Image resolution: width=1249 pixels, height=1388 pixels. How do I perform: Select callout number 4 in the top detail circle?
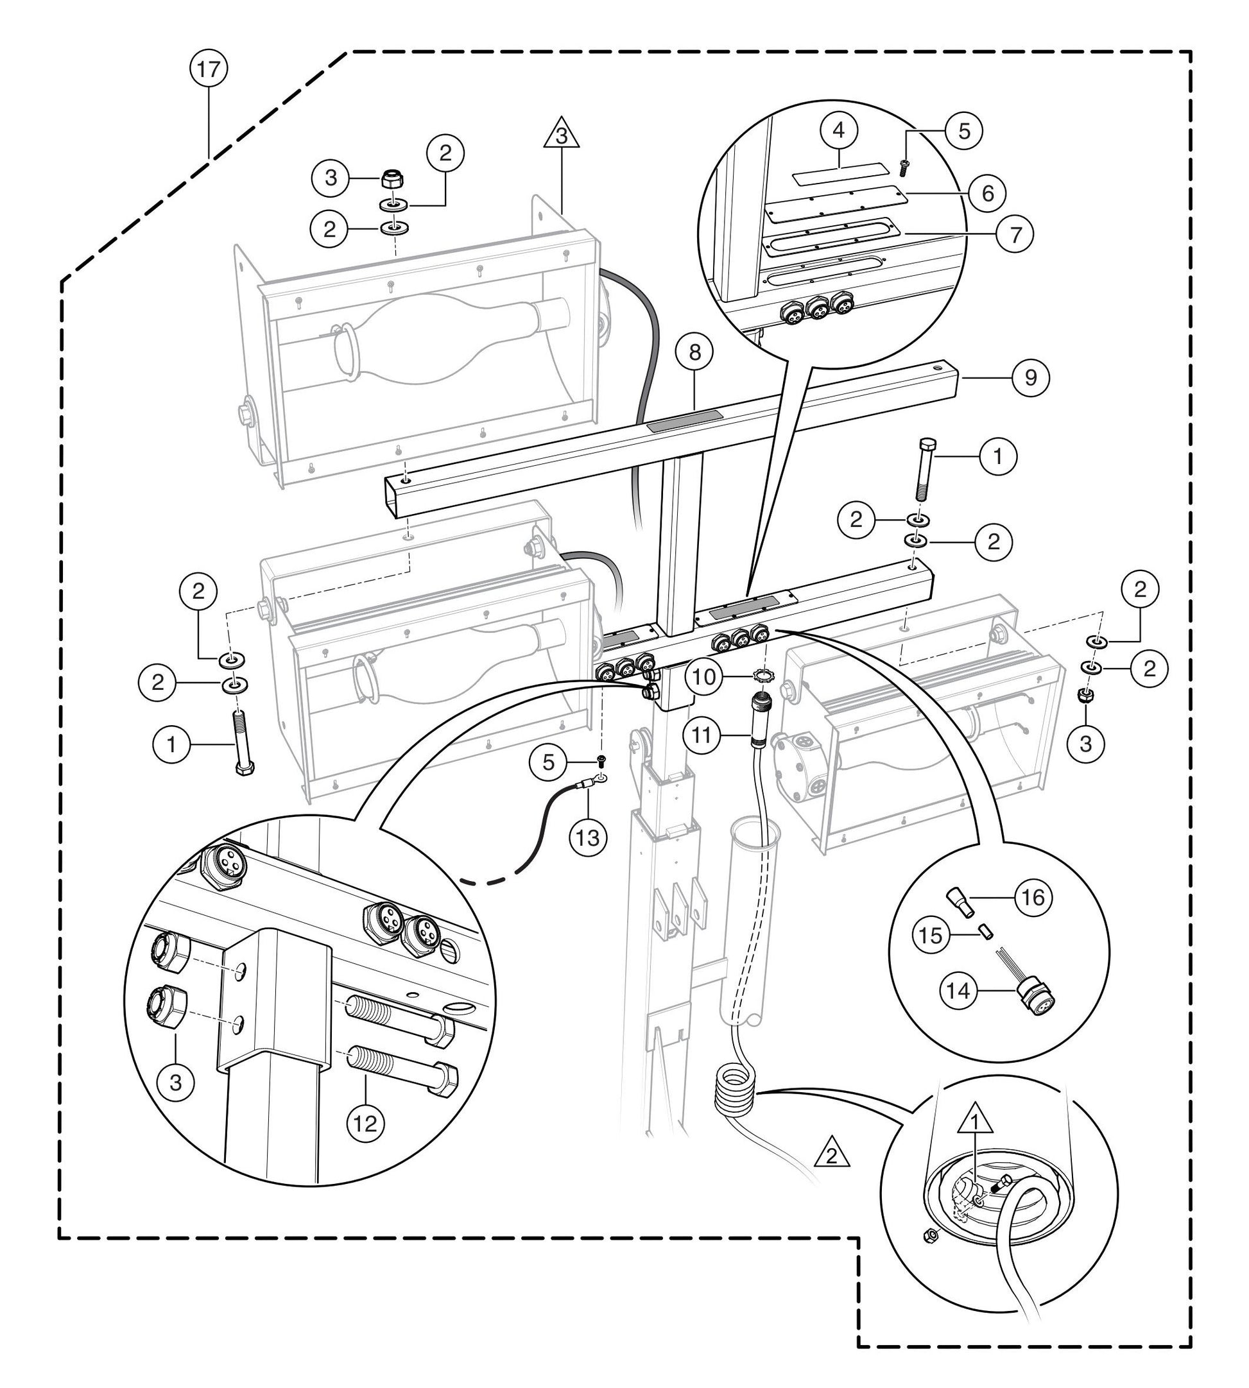840,130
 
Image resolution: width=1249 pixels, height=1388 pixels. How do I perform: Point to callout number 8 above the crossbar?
694,353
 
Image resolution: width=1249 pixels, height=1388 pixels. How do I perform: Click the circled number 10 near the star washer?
703,677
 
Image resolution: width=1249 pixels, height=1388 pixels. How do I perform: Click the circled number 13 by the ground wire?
588,837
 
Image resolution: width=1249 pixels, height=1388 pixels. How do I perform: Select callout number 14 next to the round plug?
958,1010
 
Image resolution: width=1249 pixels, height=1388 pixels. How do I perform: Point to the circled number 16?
1033,896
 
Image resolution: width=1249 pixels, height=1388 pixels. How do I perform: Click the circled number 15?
931,934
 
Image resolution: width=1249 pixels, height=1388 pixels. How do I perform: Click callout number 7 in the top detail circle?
1013,234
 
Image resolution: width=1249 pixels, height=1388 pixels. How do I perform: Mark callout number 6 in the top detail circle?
987,194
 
